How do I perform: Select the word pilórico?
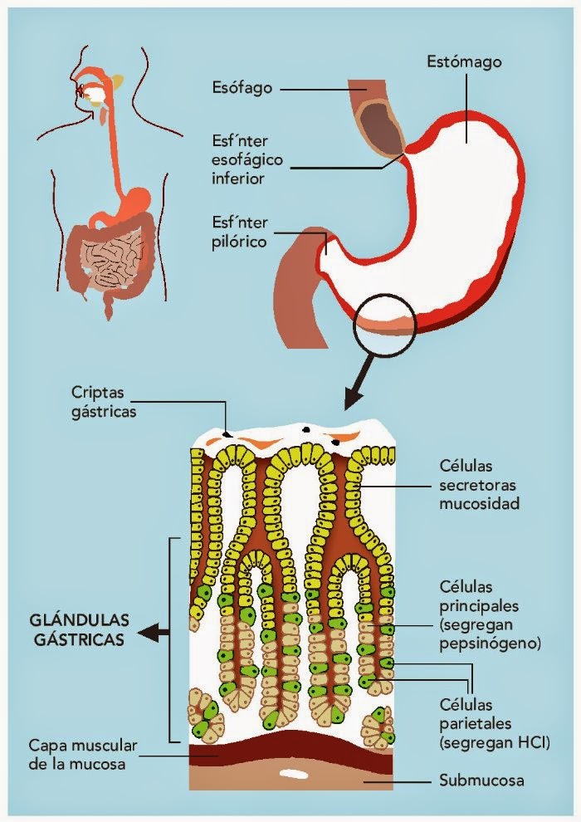click(240, 242)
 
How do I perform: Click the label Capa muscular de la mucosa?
click(76, 753)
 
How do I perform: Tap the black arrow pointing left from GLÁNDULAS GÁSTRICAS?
click(154, 634)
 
